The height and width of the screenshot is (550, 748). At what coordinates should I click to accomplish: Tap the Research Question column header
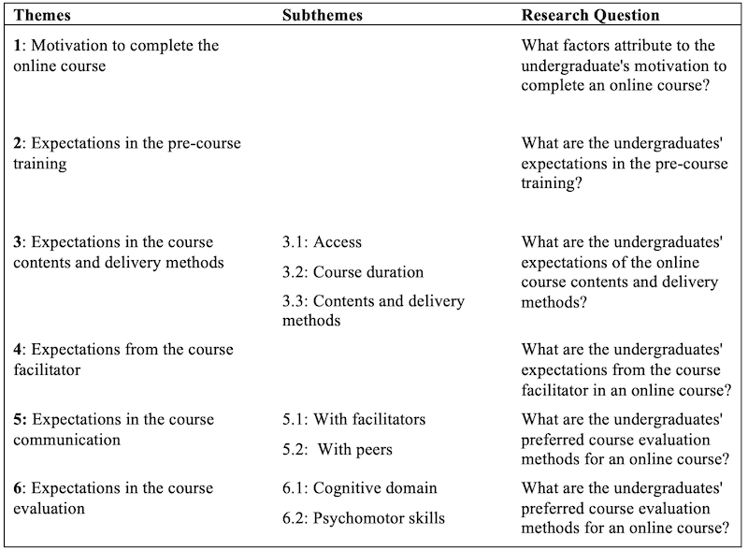point(590,16)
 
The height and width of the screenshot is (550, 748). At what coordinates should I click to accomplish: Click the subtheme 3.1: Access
point(322,242)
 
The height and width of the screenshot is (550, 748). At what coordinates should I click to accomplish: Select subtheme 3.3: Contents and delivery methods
point(373,311)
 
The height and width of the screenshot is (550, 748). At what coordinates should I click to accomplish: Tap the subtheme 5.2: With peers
point(338,449)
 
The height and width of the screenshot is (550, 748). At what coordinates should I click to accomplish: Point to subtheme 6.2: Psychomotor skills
point(364,518)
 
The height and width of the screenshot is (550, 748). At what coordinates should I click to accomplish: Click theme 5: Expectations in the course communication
point(114,428)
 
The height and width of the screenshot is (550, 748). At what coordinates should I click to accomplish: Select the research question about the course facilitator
point(625,369)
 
